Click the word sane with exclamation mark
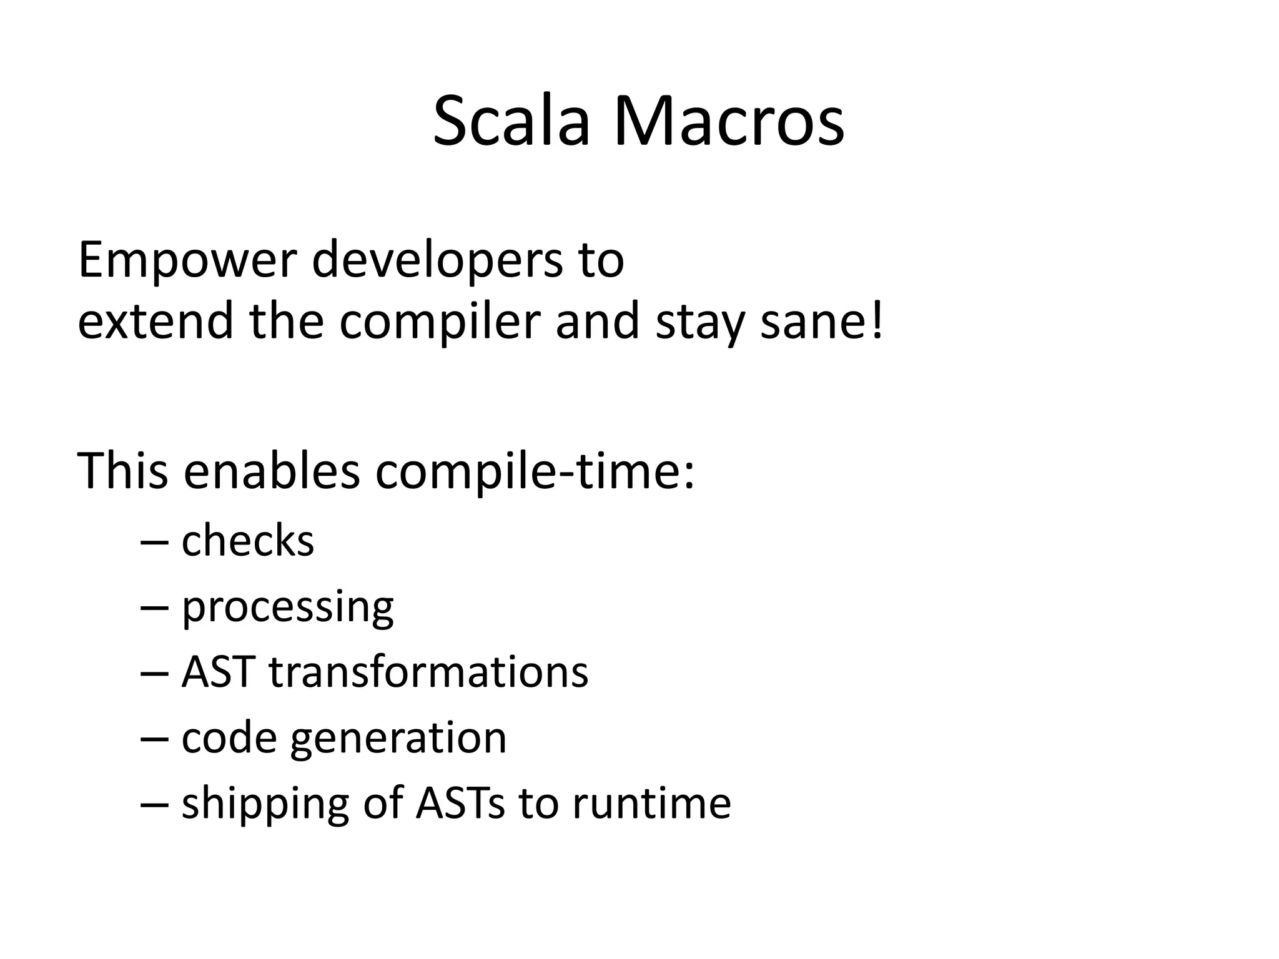click(x=822, y=322)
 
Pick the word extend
click(x=155, y=322)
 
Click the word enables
click(x=272, y=471)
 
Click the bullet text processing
click(x=287, y=608)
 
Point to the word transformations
click(x=428, y=672)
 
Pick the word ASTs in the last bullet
click(x=460, y=804)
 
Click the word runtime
click(x=651, y=804)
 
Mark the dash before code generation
click(x=154, y=739)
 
